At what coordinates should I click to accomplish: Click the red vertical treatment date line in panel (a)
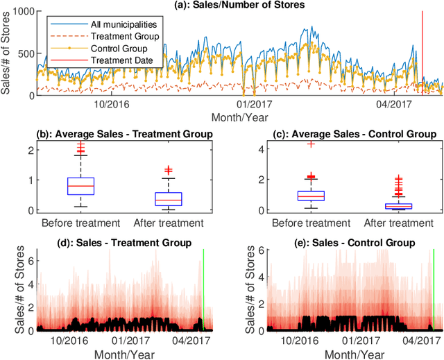[x=422, y=49]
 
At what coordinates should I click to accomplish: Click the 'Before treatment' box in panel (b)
[x=80, y=186]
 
